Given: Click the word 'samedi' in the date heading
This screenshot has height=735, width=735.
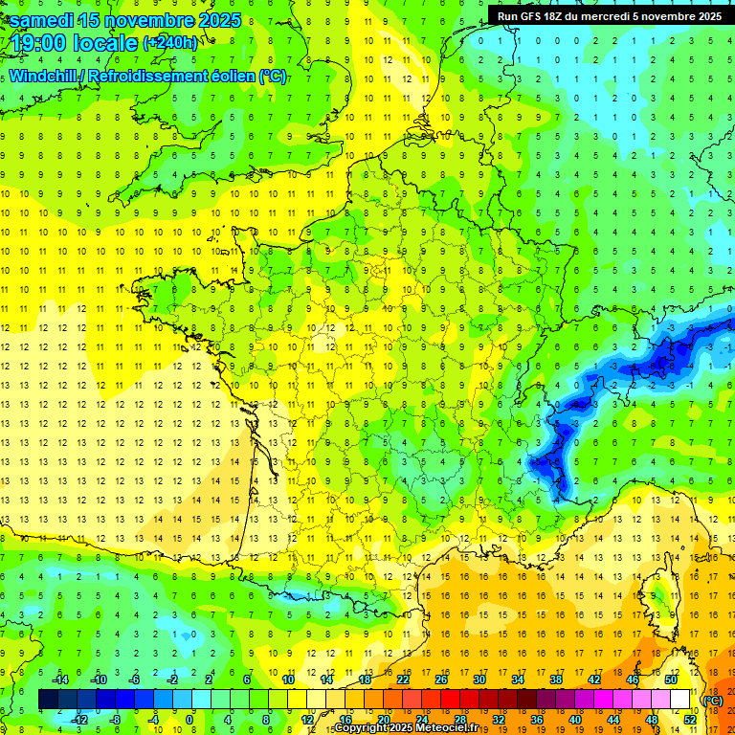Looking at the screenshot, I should [43, 19].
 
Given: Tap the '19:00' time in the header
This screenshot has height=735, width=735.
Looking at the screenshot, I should [36, 43].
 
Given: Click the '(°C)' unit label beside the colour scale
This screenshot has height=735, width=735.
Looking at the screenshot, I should [712, 701].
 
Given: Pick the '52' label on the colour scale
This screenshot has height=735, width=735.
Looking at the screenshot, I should [689, 720].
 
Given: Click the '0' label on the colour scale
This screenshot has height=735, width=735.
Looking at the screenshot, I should [189, 720].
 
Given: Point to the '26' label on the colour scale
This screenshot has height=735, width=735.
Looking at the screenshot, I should [441, 679].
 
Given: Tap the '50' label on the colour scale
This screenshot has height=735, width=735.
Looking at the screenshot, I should [671, 679].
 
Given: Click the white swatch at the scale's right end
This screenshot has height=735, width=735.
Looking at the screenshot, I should [679, 700].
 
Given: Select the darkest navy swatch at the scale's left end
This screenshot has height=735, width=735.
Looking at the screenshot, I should [48, 700].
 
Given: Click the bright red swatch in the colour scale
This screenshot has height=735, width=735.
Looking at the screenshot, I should [450, 700].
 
